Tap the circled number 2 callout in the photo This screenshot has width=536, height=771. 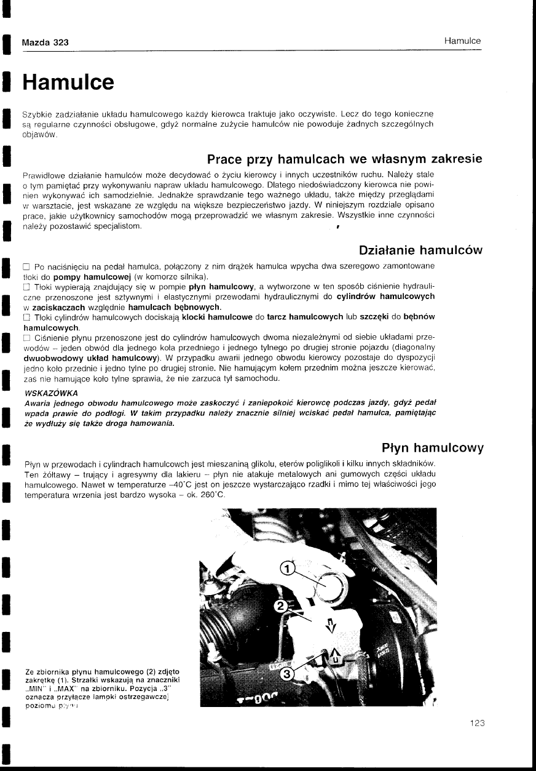click(280, 605)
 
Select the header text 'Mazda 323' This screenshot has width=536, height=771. click(45, 42)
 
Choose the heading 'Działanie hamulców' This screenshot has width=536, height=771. click(420, 250)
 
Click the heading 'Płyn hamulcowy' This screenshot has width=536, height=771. click(432, 447)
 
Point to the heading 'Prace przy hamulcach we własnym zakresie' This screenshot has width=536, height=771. click(344, 159)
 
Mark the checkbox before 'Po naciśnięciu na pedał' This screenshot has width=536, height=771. click(26, 266)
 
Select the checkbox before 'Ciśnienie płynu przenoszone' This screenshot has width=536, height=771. click(26, 339)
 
